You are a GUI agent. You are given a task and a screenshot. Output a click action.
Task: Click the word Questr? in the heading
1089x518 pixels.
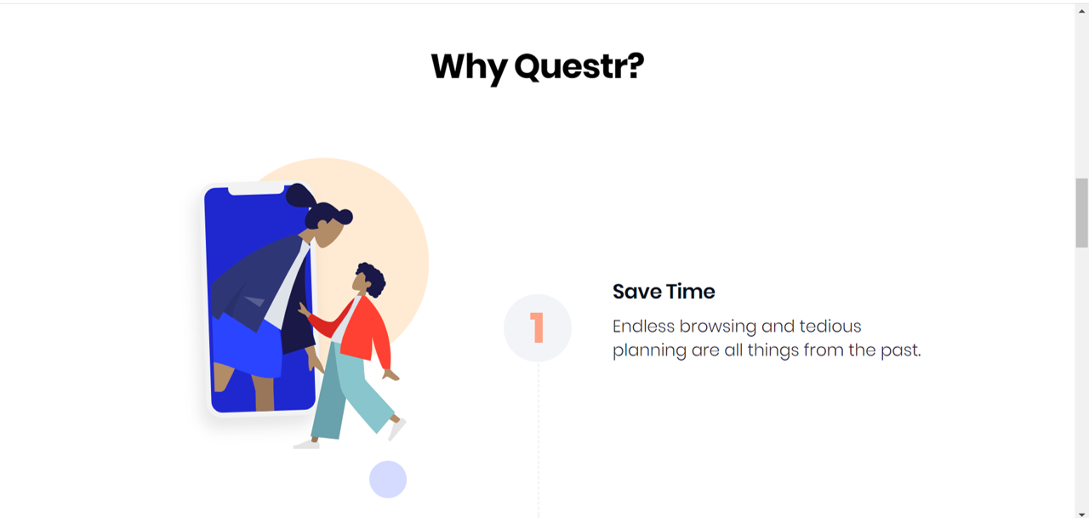point(579,66)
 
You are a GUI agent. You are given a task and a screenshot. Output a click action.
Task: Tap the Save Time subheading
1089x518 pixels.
point(664,292)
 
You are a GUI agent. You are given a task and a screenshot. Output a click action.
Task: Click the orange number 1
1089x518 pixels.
point(537,328)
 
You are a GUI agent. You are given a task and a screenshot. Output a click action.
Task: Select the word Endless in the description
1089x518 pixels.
point(644,327)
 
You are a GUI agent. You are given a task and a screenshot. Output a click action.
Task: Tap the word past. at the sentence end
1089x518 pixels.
point(901,350)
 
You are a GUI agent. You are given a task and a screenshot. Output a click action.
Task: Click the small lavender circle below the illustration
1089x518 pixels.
point(388,480)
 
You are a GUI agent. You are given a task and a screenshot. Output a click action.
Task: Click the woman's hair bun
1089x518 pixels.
point(299,196)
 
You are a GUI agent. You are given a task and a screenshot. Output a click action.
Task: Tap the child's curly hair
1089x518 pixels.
point(373,277)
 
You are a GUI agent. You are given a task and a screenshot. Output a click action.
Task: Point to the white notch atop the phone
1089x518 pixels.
point(255,189)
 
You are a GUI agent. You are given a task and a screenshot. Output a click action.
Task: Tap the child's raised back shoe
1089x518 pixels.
point(396,429)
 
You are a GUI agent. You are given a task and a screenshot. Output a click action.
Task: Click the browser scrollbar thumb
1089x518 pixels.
point(1081,213)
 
